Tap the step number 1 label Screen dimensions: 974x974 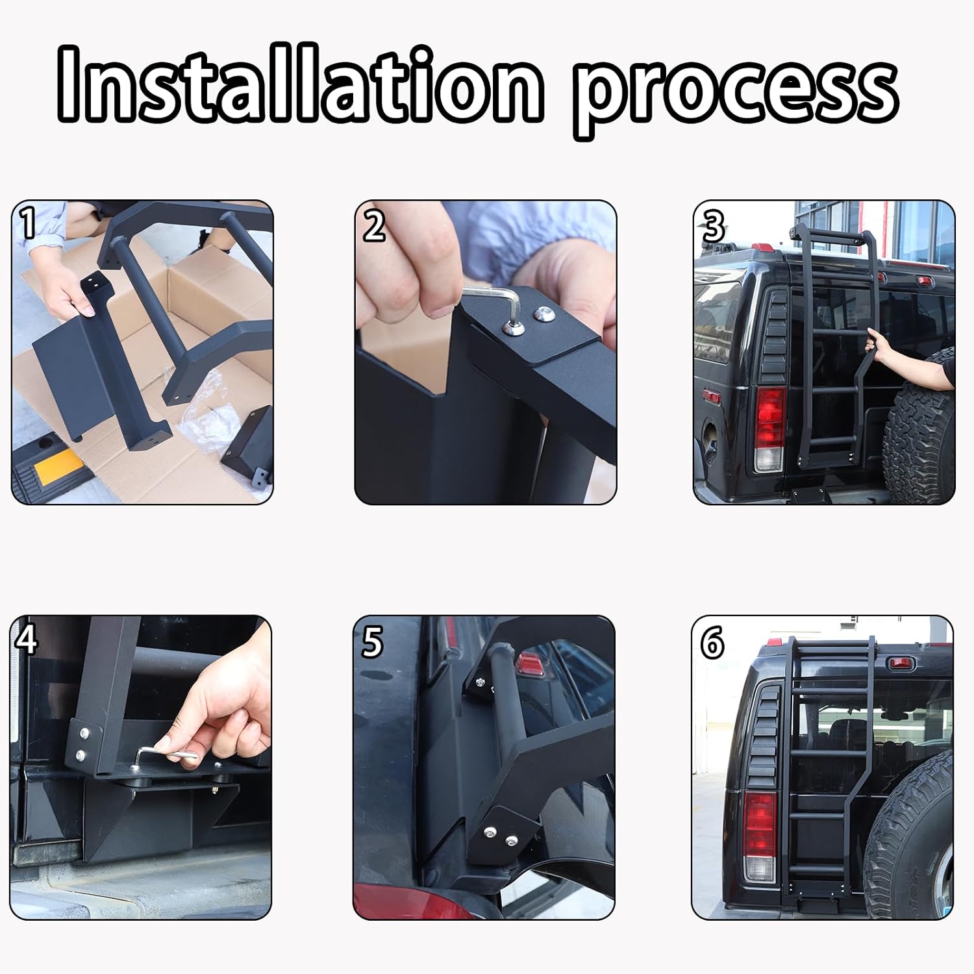(x=27, y=223)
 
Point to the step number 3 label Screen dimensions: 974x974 (x=713, y=226)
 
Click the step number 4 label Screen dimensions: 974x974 (x=26, y=640)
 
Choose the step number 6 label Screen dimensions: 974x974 (x=712, y=643)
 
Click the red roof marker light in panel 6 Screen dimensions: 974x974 (x=903, y=663)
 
